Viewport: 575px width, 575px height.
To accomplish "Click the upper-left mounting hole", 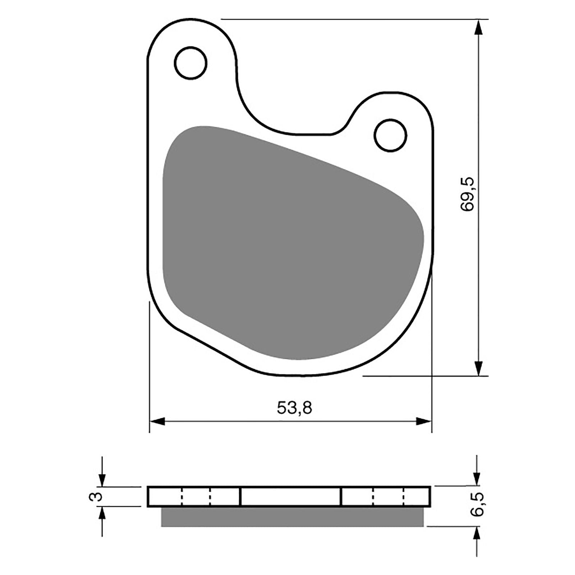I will pos(190,63).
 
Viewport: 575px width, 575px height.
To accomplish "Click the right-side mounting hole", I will pos(390,135).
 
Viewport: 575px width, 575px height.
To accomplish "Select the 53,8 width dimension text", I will pos(294,408).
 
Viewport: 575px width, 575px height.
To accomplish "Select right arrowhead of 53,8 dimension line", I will pos(424,421).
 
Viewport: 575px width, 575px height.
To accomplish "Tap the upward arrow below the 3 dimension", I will pos(102,514).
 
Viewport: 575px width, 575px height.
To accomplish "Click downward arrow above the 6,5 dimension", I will pos(477,478).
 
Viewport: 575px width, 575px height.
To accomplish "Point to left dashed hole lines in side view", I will pos(196,497).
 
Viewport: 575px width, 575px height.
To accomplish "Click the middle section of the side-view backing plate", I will pos(290,497).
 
